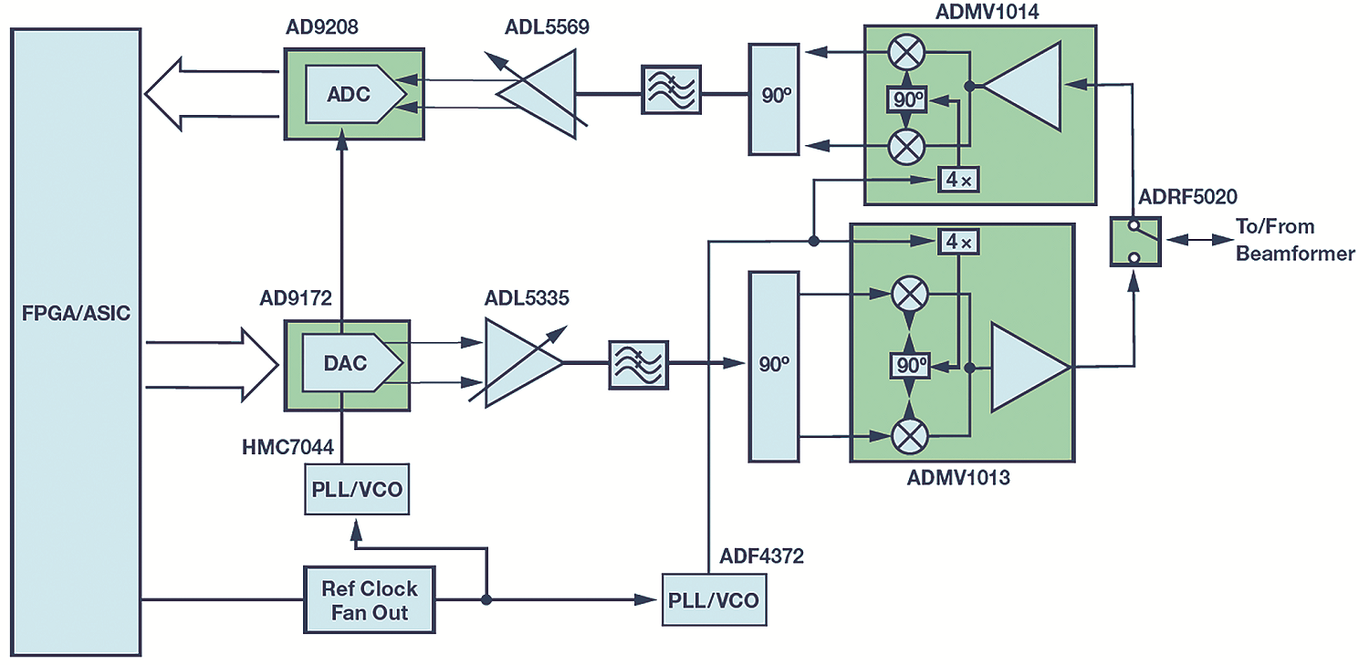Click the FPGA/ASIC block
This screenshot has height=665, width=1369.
[76, 342]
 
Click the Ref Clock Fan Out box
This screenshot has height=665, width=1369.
[369, 599]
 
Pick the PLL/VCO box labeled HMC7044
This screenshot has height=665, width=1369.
[357, 489]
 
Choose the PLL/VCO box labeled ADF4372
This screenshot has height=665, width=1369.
[714, 599]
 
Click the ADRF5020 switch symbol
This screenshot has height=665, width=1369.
[1135, 241]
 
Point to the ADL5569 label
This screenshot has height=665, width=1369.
[547, 26]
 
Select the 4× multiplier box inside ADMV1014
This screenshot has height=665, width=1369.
[958, 180]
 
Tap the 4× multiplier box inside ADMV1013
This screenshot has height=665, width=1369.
[958, 242]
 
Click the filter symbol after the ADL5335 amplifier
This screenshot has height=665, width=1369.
[639, 365]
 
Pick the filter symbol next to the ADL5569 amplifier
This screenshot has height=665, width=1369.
[671, 89]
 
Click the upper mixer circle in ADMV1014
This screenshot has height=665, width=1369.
[906, 53]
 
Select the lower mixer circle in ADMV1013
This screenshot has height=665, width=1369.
[910, 436]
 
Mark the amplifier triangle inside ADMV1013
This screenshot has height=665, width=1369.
[1029, 367]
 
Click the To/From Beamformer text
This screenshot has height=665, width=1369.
[1295, 240]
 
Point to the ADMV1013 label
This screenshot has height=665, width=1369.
[958, 477]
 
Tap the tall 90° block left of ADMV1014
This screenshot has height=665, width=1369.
[774, 99]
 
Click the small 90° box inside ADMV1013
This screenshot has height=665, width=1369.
[910, 366]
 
